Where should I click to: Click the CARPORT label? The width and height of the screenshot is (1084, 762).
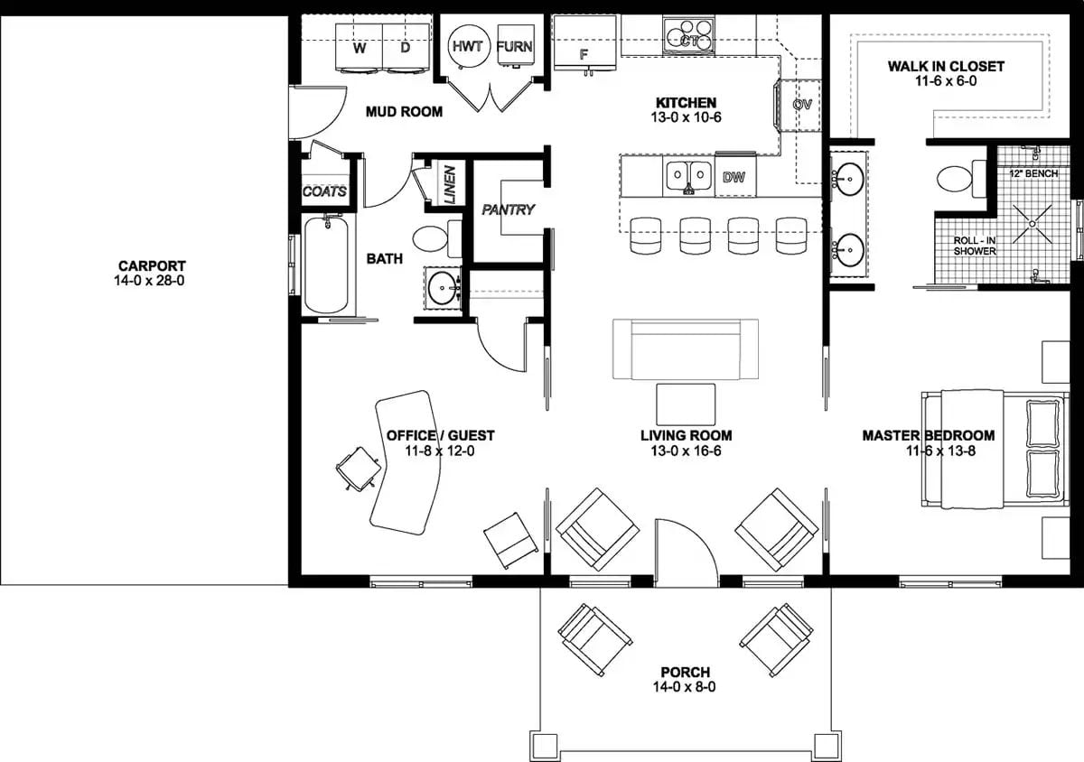(152, 266)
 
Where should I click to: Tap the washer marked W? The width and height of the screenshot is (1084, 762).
(360, 47)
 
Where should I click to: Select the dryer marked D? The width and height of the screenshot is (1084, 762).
(404, 47)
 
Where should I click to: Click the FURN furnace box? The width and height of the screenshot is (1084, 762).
(514, 45)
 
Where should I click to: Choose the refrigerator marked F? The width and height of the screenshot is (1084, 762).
(584, 45)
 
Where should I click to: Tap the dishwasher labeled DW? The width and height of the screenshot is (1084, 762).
(734, 178)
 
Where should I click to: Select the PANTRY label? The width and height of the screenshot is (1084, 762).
(508, 209)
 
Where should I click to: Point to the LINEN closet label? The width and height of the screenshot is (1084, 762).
(450, 182)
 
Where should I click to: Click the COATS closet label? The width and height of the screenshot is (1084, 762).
(324, 191)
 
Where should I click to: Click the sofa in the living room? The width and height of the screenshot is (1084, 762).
(686, 348)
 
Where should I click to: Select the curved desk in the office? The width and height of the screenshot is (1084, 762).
(406, 460)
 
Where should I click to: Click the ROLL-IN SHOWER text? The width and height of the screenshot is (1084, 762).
(975, 246)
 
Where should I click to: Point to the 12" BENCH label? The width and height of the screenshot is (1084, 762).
(1033, 172)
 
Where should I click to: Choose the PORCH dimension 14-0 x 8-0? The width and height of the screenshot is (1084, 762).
(685, 687)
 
